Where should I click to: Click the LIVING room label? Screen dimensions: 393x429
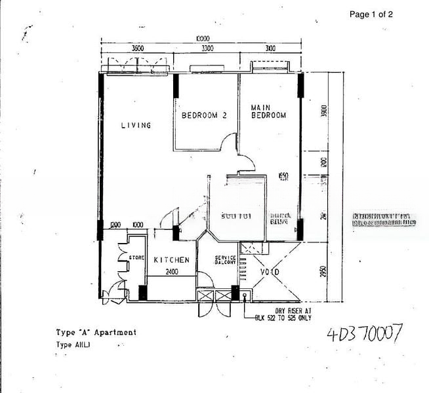[x=136, y=125]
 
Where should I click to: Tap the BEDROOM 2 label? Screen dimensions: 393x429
[x=204, y=115]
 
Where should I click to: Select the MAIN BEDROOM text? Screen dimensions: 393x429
[x=268, y=111]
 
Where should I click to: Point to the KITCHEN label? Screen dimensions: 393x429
[x=171, y=260]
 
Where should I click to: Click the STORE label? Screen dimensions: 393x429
[x=136, y=258]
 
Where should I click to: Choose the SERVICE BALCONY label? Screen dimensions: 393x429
[x=225, y=260]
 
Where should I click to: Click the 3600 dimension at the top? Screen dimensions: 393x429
[x=136, y=48]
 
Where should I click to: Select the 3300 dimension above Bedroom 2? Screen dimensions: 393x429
[x=207, y=48]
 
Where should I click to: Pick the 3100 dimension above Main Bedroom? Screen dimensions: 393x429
[x=270, y=48]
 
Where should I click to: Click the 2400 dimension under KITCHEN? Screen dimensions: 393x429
[x=171, y=271]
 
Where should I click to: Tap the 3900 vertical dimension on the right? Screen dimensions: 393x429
[x=323, y=111]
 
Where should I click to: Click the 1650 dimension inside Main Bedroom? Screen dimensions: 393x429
[x=283, y=175]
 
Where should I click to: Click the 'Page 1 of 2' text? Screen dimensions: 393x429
[x=371, y=14]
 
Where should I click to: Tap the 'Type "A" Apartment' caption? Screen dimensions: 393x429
[x=96, y=332]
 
